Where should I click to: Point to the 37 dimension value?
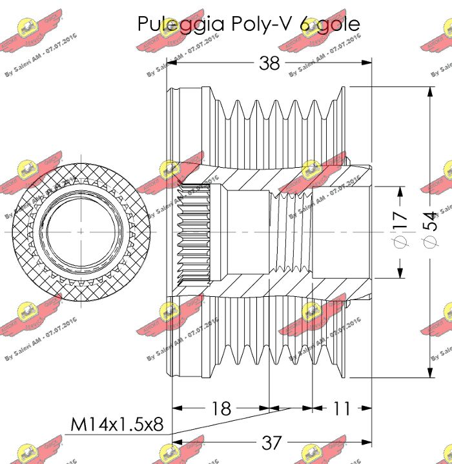coord(271,442)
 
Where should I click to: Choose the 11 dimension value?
coord(342,408)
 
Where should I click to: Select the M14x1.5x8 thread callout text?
coord(116,425)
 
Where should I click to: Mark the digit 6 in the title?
coord(304,25)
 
